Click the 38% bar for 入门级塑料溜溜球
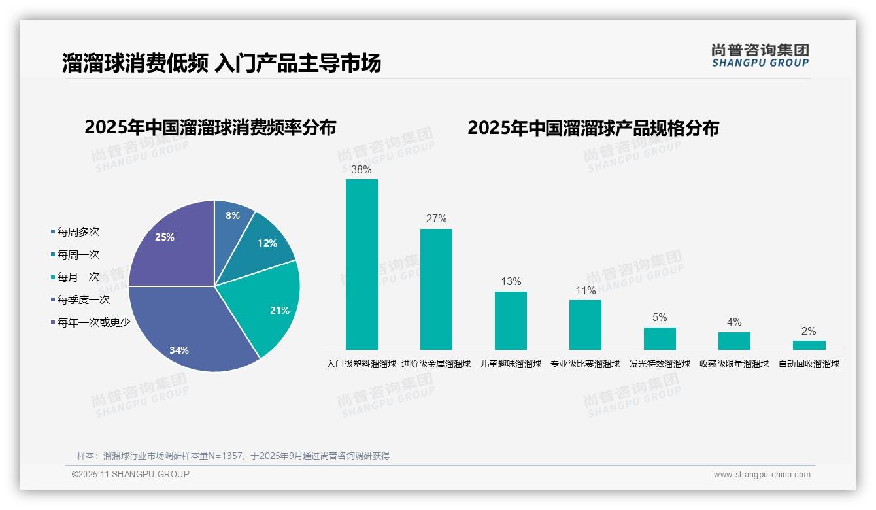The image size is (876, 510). click(x=362, y=264)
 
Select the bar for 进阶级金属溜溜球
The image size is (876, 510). click(x=436, y=289)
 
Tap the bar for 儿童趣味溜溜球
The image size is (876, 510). click(x=511, y=320)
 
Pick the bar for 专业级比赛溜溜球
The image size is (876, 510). click(x=585, y=325)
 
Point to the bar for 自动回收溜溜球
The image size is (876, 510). click(x=809, y=345)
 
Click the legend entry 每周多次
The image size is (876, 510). click(x=78, y=232)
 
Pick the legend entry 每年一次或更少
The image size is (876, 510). click(x=93, y=322)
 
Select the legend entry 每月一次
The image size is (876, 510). click(x=78, y=277)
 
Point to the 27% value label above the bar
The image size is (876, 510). click(x=436, y=219)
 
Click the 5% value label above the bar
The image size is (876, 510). click(x=660, y=318)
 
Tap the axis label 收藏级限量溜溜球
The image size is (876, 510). click(x=734, y=364)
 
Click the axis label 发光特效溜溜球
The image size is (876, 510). click(x=660, y=364)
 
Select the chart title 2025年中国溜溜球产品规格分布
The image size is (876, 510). click(x=593, y=128)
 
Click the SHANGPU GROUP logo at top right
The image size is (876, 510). click(x=760, y=56)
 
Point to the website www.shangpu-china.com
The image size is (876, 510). click(x=762, y=475)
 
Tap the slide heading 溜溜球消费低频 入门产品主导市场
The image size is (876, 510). click(x=222, y=64)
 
